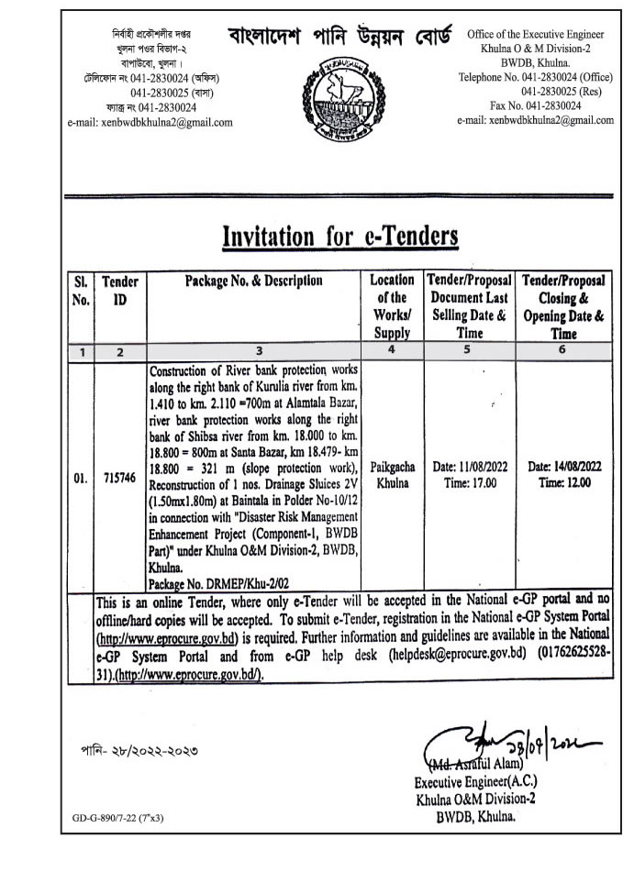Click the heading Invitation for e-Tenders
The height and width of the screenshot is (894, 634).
coord(340,237)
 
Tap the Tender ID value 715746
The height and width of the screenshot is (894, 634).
coord(118,479)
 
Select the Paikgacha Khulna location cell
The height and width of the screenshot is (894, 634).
coord(393,474)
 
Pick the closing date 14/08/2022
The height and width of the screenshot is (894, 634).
coord(564,468)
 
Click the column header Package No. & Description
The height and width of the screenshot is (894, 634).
coord(254,281)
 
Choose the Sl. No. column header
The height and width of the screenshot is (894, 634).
coord(80,291)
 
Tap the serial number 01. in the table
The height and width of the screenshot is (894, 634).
coord(81,479)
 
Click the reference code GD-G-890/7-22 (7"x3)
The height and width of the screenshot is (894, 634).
coord(120,817)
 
